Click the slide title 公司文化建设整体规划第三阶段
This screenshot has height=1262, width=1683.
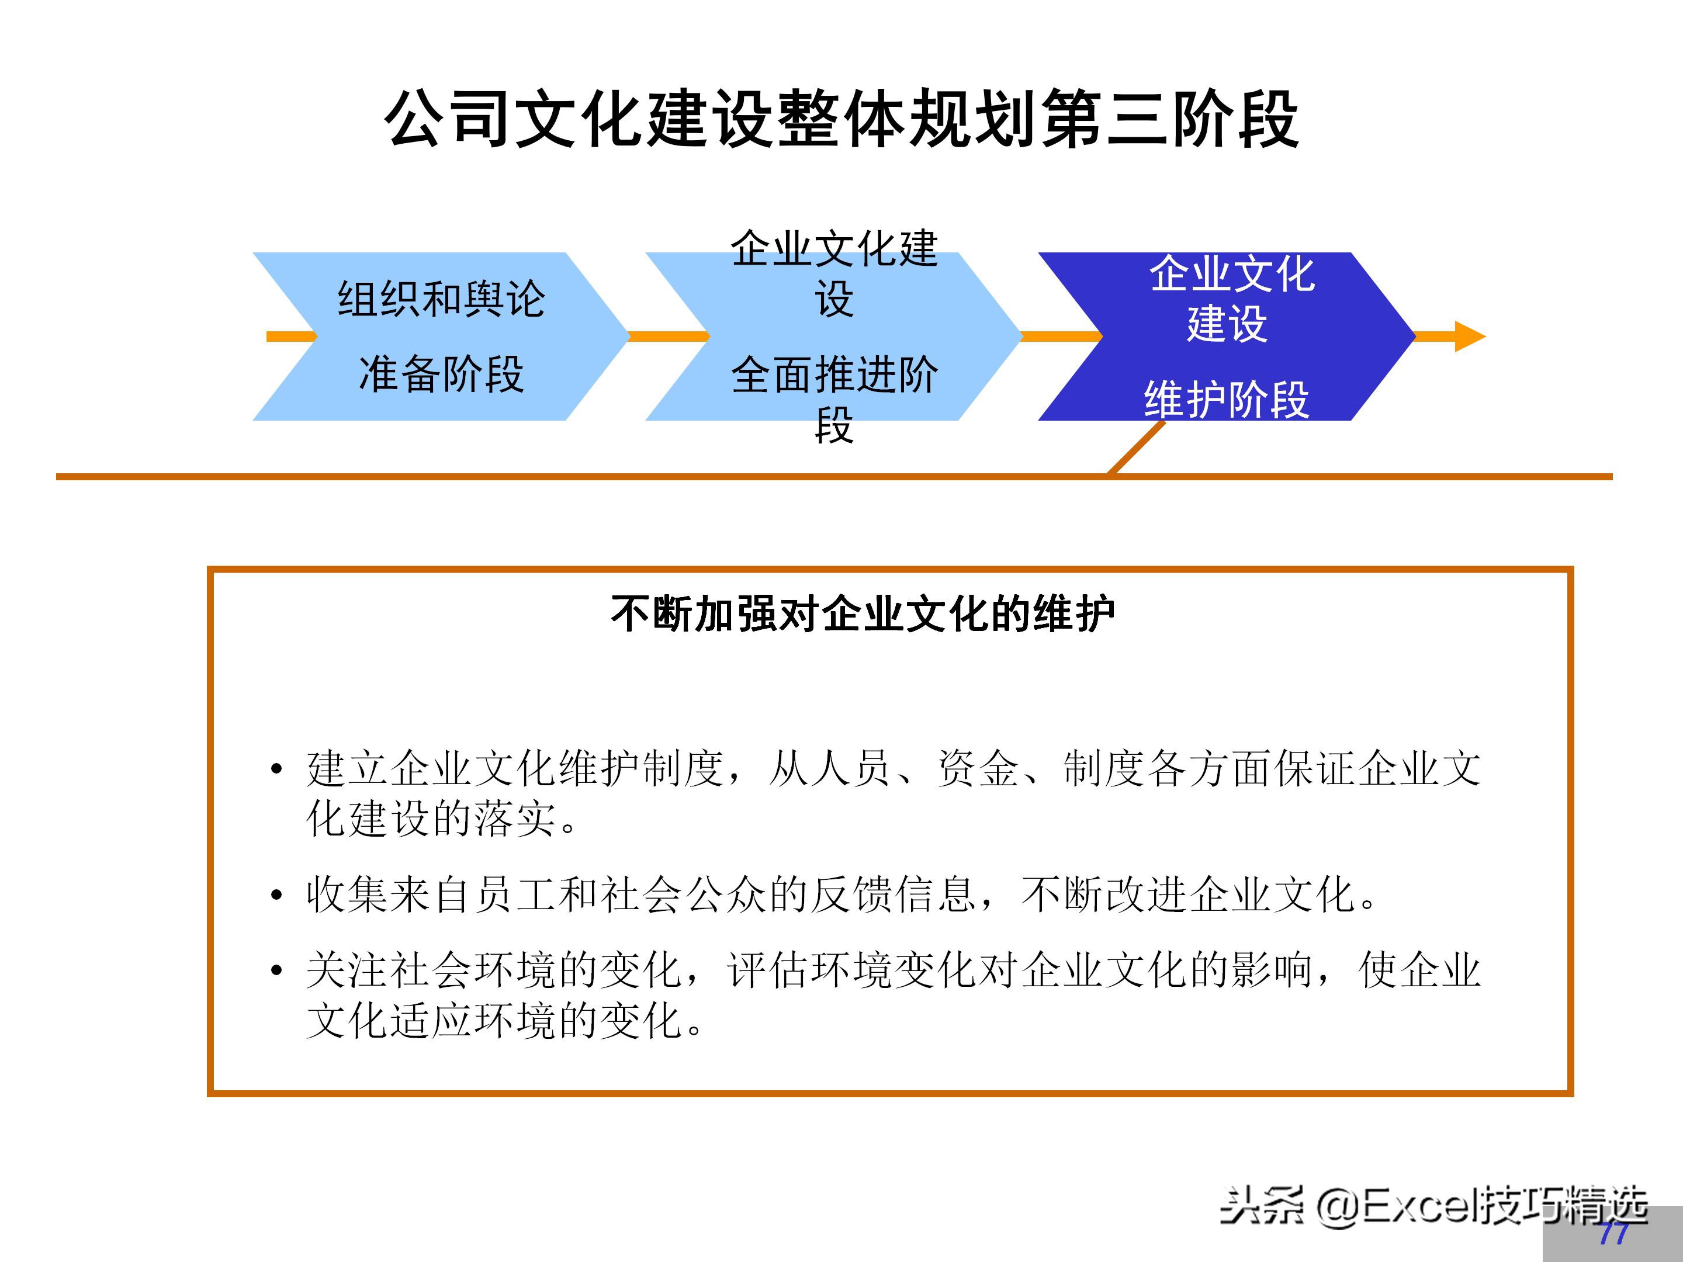(x=841, y=119)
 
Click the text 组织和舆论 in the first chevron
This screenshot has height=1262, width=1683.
(x=441, y=299)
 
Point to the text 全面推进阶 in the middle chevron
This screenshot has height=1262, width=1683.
(x=834, y=375)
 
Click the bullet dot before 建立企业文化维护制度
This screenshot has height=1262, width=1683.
(x=277, y=768)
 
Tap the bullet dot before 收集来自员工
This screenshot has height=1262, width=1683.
(x=277, y=895)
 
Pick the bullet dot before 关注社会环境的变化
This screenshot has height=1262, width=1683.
(x=277, y=970)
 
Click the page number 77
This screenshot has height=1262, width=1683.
(x=1612, y=1234)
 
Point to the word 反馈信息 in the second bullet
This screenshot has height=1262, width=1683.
(x=894, y=895)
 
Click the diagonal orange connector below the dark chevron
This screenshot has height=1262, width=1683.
(x=1136, y=448)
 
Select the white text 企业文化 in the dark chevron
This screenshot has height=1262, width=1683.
(x=1232, y=274)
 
